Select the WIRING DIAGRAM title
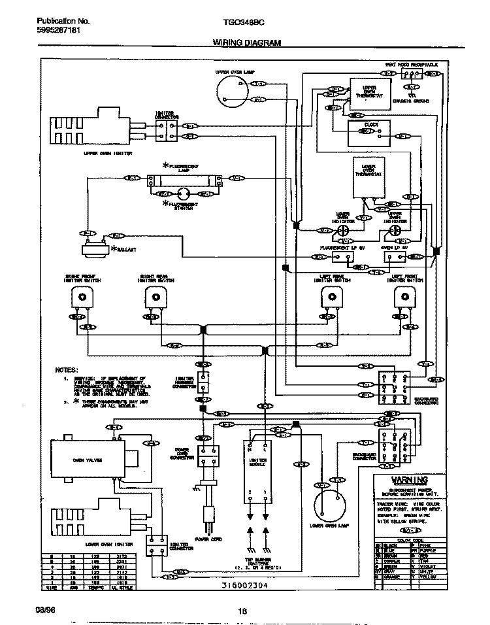coord(247,42)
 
